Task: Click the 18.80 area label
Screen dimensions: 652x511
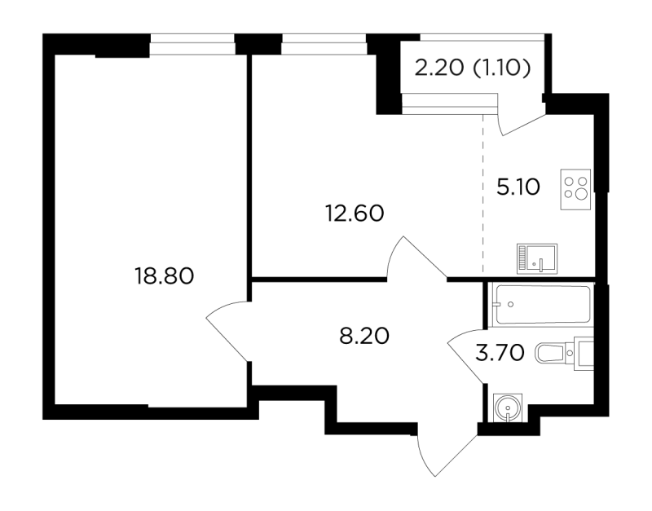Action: [165, 276]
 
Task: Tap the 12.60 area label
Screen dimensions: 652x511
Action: [355, 214]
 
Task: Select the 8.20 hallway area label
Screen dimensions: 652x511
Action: [364, 336]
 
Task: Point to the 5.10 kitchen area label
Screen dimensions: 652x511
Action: [518, 187]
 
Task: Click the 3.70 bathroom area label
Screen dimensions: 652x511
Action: [500, 354]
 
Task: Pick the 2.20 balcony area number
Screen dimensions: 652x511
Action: [438, 68]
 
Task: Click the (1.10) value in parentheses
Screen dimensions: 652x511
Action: [502, 68]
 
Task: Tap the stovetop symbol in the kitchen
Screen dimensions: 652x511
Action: [575, 189]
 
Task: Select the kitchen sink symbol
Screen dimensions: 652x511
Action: [537, 258]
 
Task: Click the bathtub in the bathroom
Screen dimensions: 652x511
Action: [541, 304]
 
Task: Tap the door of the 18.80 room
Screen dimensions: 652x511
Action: [228, 331]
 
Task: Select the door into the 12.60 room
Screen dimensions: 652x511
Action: [416, 258]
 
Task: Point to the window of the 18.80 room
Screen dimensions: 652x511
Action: [192, 44]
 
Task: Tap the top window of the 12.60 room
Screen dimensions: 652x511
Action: [324, 44]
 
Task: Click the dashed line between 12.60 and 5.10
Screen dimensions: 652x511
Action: [483, 193]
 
